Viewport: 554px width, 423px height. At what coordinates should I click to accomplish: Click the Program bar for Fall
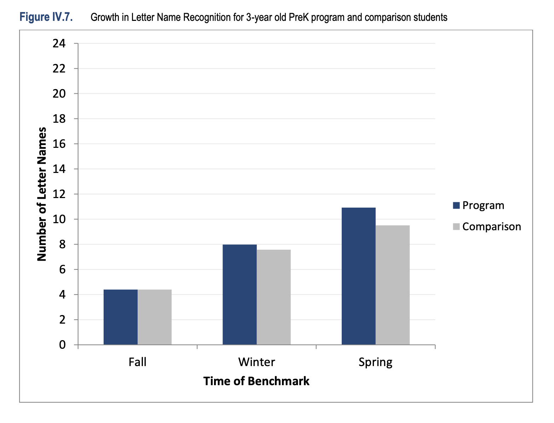tap(120, 317)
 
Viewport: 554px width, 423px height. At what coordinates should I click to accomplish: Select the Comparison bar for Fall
tap(155, 317)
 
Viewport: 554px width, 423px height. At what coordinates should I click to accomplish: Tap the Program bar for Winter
tap(240, 294)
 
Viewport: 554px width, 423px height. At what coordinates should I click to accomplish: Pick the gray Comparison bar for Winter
tap(273, 297)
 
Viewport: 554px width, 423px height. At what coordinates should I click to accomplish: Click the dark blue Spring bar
tap(358, 276)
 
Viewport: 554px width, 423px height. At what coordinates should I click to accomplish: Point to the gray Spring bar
tap(393, 285)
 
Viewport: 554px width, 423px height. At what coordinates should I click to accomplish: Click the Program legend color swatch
tap(456, 205)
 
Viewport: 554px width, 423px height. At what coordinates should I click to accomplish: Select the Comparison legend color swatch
tap(456, 227)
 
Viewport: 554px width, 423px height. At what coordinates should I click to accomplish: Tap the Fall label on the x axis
tap(137, 362)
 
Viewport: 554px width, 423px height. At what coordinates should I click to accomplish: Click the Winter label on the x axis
tap(256, 362)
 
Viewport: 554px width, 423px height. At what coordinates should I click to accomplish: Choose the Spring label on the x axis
tap(375, 362)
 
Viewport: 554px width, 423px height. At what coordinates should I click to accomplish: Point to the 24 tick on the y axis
tap(59, 44)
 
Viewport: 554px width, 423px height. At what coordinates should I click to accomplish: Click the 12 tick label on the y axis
tap(59, 194)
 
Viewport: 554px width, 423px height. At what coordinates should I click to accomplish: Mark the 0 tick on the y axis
tap(62, 345)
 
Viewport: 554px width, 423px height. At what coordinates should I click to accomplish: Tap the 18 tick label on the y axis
tap(59, 119)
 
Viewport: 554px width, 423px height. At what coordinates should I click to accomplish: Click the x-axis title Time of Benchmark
tap(256, 381)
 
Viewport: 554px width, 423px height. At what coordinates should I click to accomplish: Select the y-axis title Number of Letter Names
tap(42, 194)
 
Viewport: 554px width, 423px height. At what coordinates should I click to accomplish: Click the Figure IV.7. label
tap(46, 17)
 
